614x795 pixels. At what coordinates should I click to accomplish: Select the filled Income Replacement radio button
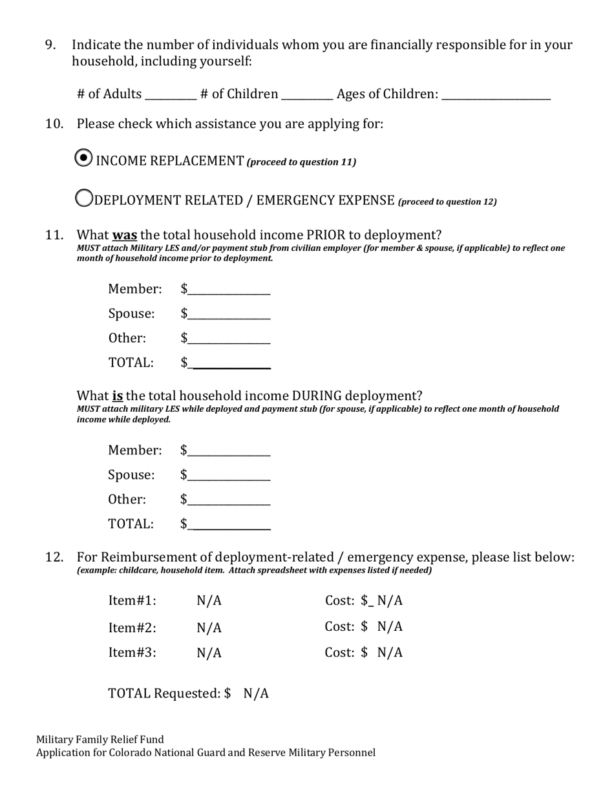click(83, 158)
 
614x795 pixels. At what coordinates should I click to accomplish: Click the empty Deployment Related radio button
click(84, 198)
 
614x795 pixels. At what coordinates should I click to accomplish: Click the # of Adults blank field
click(171, 94)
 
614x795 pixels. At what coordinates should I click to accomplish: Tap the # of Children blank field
click(307, 94)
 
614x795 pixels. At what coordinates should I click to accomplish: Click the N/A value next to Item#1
click(209, 601)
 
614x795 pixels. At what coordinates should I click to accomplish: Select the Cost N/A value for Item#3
click(390, 653)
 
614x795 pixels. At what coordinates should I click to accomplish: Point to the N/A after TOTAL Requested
click(256, 694)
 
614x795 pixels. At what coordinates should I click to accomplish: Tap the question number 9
click(50, 45)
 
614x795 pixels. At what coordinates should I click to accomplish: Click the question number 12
click(54, 557)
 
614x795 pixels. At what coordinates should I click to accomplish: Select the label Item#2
click(132, 628)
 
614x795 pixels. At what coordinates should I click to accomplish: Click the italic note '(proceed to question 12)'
click(447, 202)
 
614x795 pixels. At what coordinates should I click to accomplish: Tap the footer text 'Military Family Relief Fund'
click(100, 739)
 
